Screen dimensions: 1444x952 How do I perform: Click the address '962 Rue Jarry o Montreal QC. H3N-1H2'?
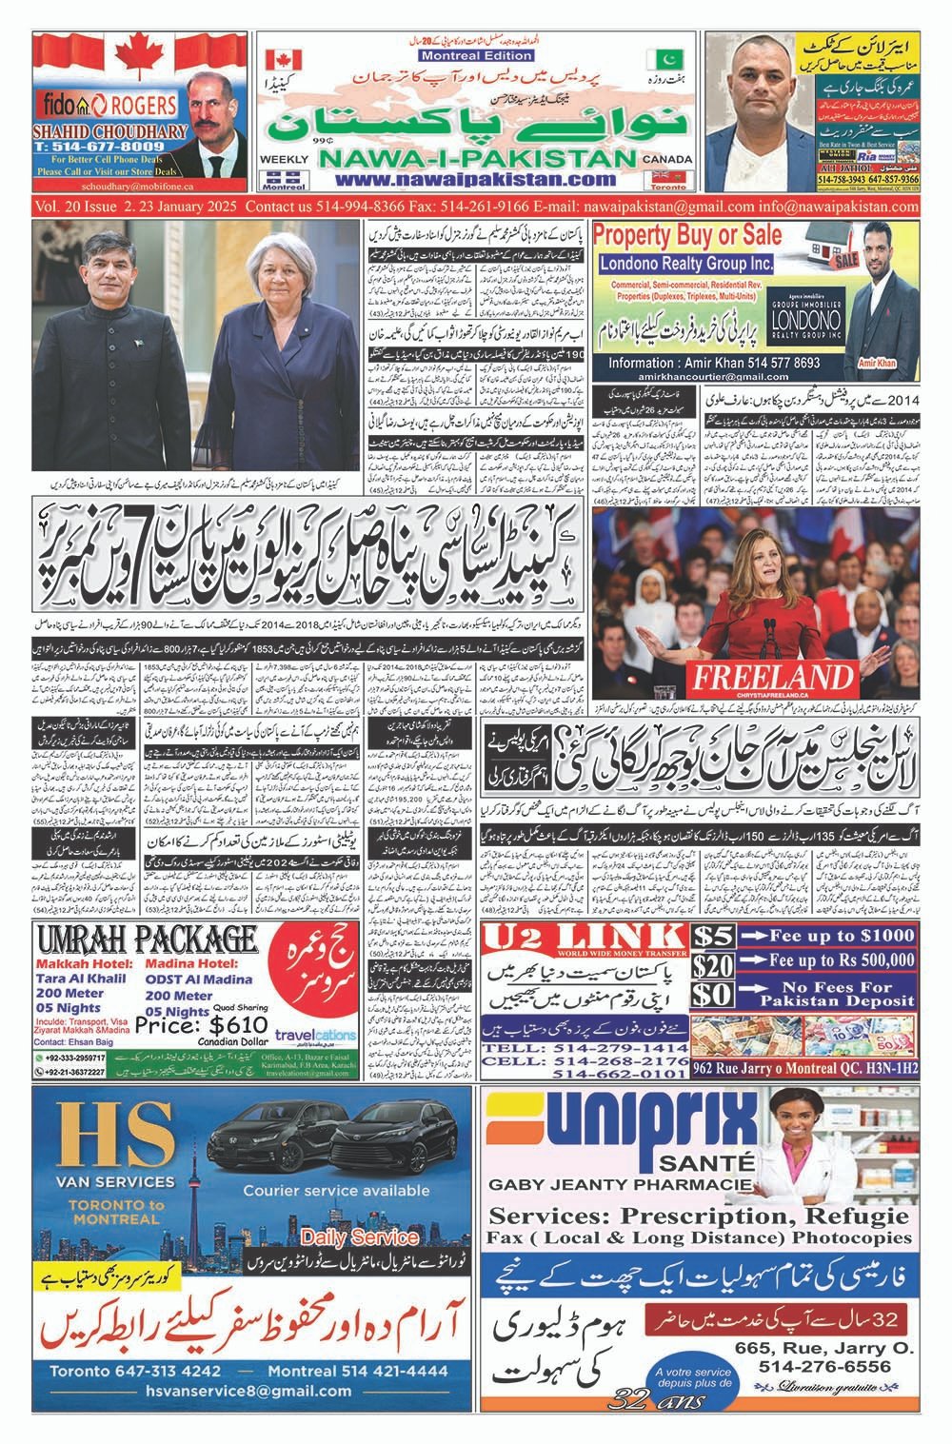[x=805, y=1068]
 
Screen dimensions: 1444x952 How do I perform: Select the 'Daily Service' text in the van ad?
[x=359, y=1237]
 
